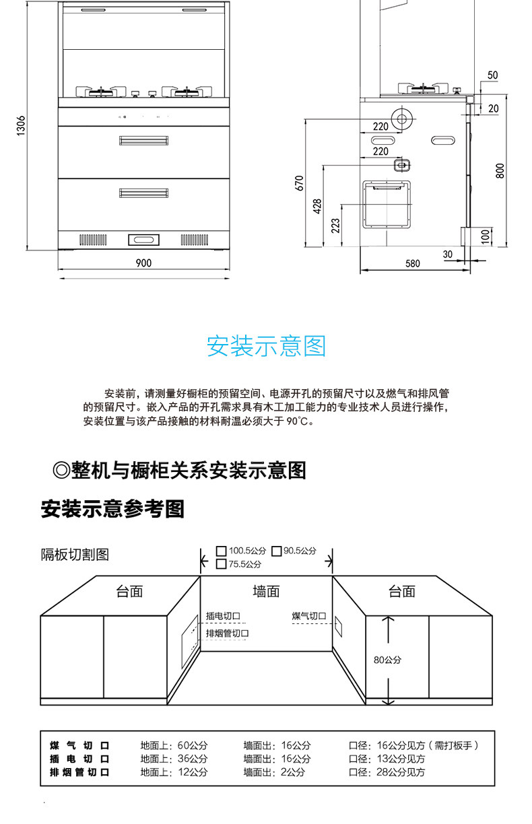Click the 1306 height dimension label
22,125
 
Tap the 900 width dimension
143,263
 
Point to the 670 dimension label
300,182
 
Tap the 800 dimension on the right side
499,170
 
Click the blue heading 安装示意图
266,346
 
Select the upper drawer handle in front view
143,140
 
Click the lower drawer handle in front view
143,194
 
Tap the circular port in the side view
402,121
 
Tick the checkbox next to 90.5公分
276,551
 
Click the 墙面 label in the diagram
266,591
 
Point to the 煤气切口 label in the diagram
308,616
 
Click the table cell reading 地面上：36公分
174,759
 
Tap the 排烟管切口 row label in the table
79,772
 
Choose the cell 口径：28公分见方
387,772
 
